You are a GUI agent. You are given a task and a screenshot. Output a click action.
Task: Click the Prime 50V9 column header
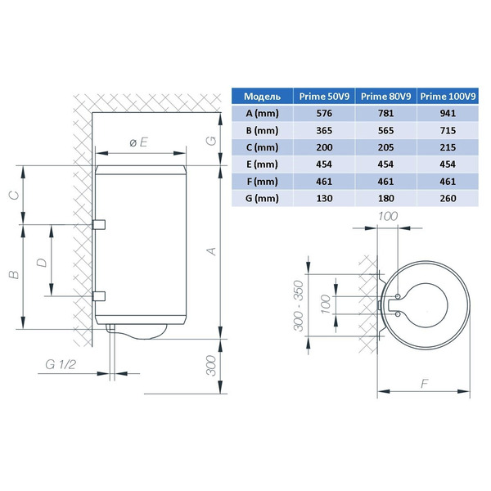tap(324, 96)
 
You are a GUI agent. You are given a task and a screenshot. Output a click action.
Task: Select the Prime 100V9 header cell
tap(448, 96)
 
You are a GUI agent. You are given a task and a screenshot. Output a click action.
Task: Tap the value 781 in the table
tap(385, 114)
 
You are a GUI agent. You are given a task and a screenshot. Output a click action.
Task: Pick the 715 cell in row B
tap(448, 131)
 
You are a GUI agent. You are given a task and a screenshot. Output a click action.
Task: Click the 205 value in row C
tap(385, 147)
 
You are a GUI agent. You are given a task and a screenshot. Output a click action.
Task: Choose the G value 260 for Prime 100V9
tap(448, 198)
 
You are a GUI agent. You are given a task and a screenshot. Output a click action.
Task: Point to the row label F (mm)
tap(262, 182)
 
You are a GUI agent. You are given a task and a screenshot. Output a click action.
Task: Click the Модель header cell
tap(262, 96)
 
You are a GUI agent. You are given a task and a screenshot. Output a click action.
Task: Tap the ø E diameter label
tap(138, 142)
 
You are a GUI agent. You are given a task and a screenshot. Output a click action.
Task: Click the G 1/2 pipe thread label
tap(61, 364)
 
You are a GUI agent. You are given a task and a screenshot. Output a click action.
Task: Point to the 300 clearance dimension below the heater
tap(211, 366)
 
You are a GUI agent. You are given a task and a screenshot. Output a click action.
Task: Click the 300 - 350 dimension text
tap(299, 305)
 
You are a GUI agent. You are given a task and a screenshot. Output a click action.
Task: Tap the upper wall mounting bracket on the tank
tap(99, 224)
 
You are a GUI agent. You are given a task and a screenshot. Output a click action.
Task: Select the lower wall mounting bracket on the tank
tap(99, 296)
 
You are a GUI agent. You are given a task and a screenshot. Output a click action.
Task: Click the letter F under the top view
tap(424, 383)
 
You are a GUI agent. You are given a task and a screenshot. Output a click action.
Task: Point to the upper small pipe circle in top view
tap(398, 296)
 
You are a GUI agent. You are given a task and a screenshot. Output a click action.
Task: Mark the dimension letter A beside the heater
tap(212, 251)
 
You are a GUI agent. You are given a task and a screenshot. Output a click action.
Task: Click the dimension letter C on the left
tap(15, 196)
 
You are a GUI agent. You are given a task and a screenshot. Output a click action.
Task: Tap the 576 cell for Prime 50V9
tap(324, 114)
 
